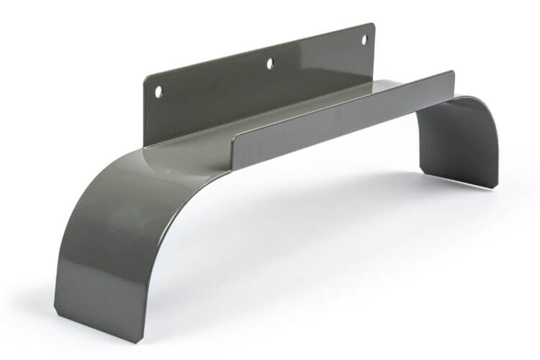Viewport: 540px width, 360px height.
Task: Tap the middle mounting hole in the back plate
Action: click(270, 63)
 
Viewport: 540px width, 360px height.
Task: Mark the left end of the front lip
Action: click(233, 141)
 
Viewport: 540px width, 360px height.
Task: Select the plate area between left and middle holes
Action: click(216, 83)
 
